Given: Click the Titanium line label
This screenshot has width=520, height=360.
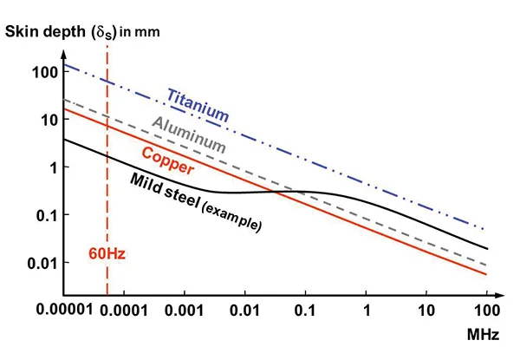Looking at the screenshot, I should (198, 103).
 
